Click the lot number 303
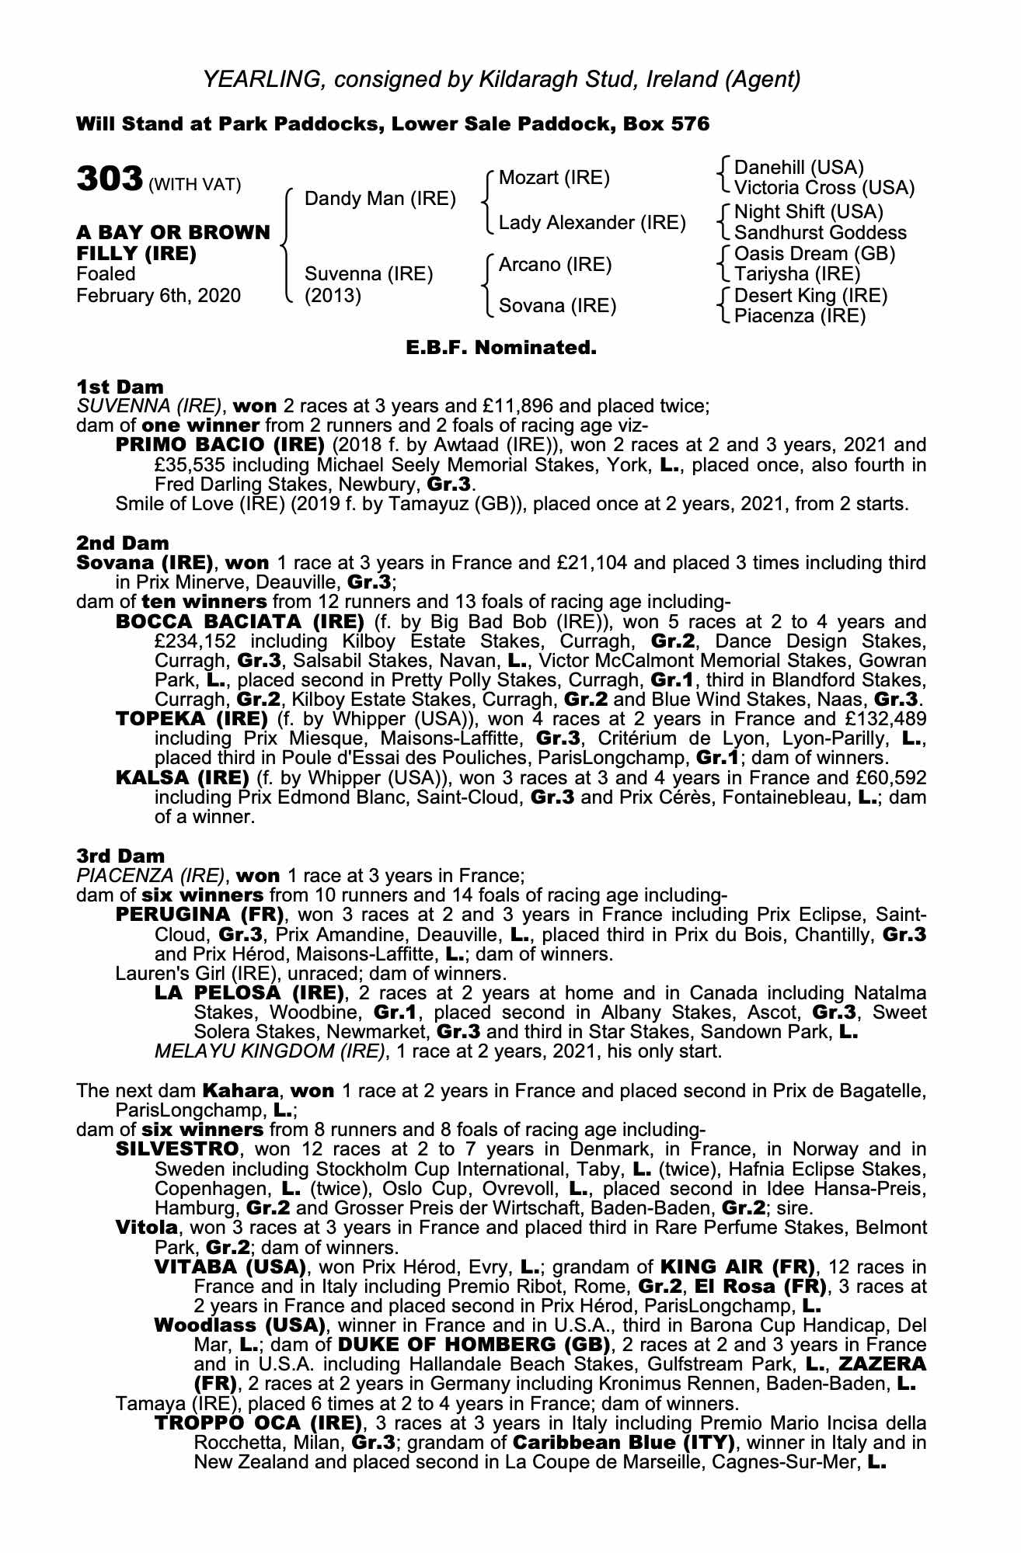109,180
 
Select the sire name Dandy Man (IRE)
380,199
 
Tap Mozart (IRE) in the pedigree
554,178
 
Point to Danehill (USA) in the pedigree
799,168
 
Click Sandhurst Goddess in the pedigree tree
820,232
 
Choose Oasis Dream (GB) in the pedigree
814,254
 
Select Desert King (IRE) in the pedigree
810,296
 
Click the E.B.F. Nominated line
501,348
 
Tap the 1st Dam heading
120,387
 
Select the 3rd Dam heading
121,856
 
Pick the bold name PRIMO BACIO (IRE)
220,445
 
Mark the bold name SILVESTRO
179,1149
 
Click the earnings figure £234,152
197,641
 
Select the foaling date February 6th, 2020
159,296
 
